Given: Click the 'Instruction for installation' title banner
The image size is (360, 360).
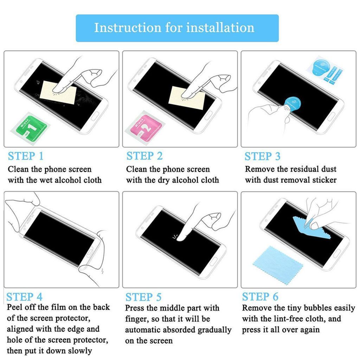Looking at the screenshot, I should [177, 28].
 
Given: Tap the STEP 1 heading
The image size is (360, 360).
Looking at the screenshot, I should [26, 156].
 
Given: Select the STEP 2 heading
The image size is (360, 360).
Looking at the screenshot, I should [144, 156].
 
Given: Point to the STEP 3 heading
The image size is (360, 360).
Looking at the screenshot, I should [262, 156].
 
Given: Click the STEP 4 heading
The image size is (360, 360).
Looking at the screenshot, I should [24, 297].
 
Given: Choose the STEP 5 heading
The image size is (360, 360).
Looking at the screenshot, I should [143, 297].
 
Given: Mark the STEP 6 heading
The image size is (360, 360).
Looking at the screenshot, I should [260, 297].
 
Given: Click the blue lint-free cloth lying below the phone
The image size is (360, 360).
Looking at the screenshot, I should [276, 265].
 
